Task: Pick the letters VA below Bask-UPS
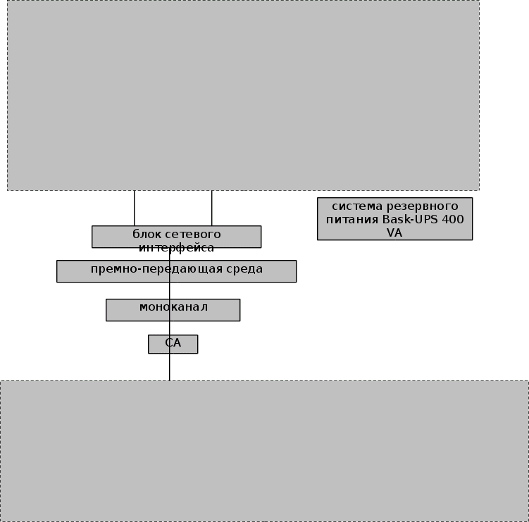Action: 394,232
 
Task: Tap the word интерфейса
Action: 176,247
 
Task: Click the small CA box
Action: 173,344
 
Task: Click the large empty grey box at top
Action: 243,95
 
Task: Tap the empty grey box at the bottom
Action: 264,451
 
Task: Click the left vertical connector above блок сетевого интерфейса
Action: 134,208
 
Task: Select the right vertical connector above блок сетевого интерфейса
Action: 211,208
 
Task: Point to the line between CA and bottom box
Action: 170,367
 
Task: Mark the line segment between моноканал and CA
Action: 170,328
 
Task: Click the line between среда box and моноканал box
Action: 170,291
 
